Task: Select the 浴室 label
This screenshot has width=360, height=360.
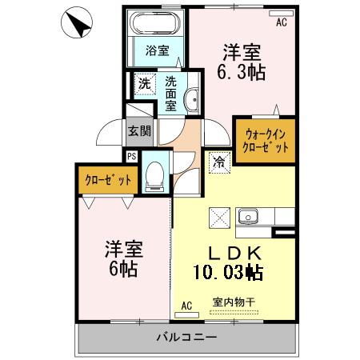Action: point(157,51)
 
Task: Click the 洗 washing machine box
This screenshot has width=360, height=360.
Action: point(144,83)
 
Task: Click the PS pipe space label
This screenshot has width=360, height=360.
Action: point(131,156)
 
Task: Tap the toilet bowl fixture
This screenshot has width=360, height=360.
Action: point(156,177)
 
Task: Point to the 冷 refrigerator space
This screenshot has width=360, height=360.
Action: point(218,162)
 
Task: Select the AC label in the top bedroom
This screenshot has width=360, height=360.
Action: point(281,22)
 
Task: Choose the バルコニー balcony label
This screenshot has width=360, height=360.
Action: point(186,337)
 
